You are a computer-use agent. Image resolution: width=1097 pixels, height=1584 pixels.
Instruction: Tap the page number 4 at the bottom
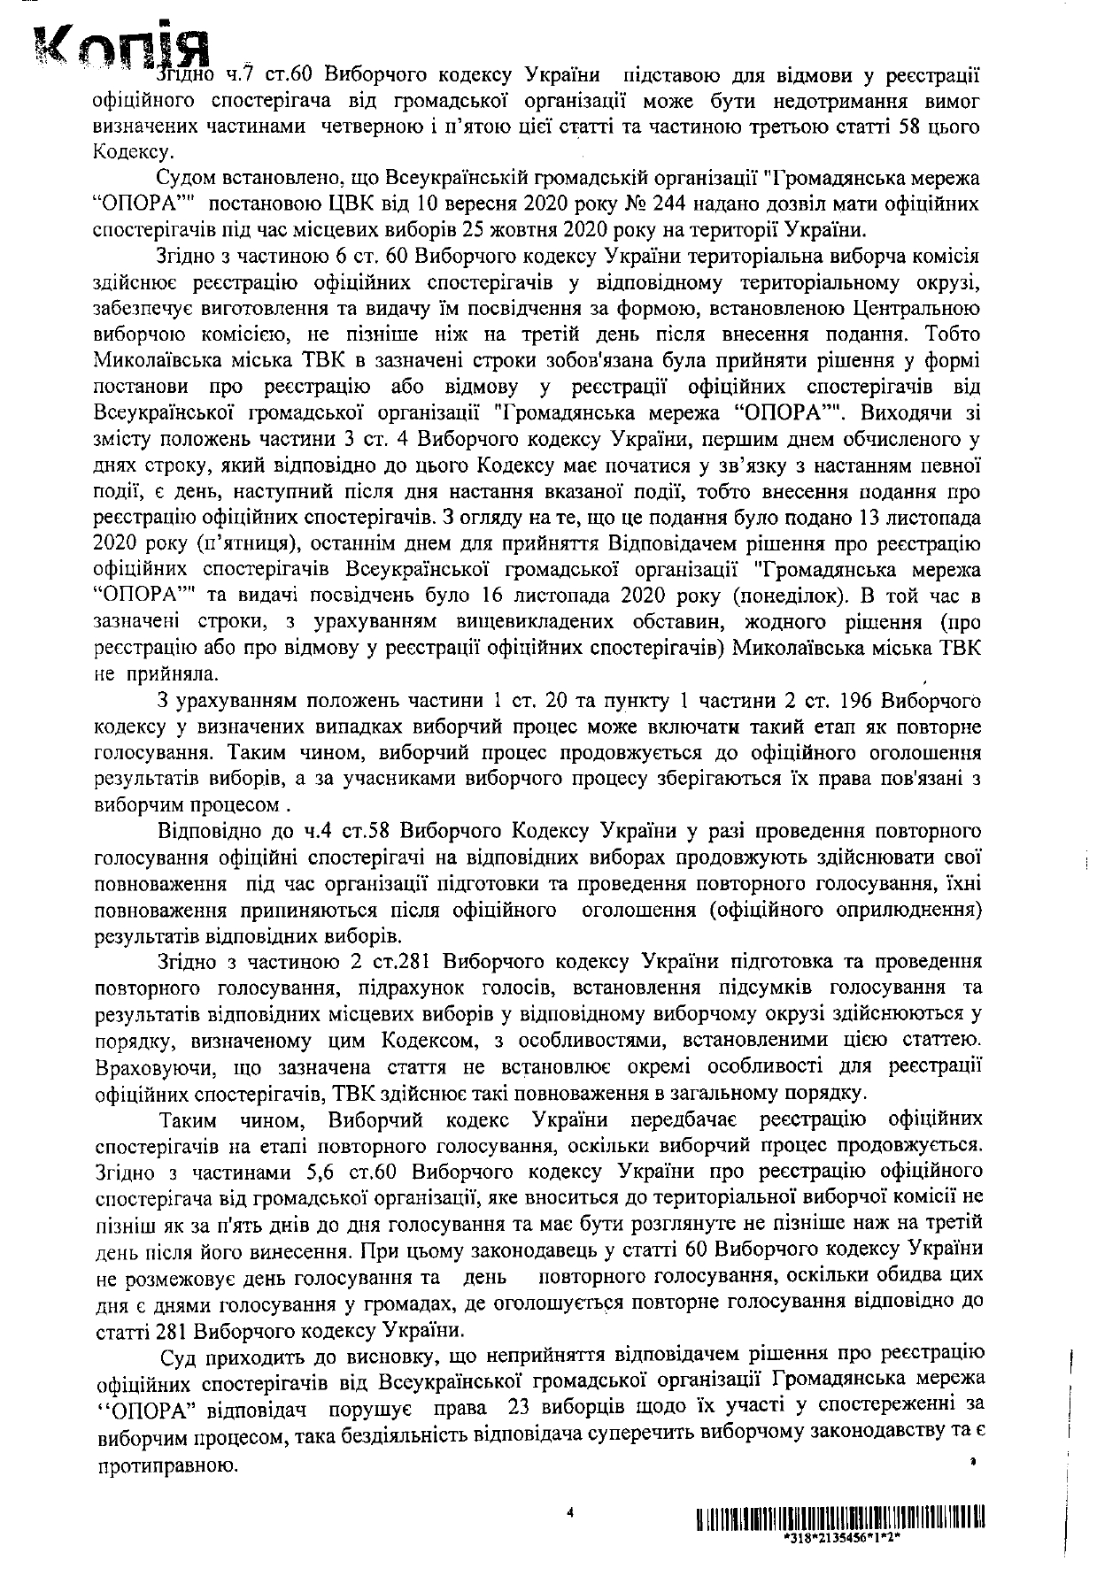[571, 1513]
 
